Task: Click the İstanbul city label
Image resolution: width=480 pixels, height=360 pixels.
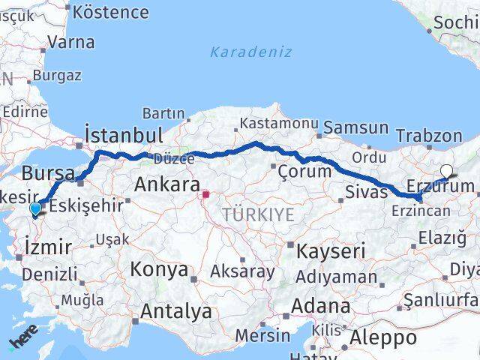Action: click(x=124, y=135)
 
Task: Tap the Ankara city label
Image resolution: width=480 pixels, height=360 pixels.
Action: click(x=166, y=184)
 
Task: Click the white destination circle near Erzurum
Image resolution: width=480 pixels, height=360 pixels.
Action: click(x=447, y=170)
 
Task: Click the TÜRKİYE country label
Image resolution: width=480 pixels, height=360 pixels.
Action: click(x=258, y=215)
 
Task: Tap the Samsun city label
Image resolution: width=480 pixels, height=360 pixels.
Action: click(x=355, y=128)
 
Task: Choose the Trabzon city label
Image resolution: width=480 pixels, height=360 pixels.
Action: click(x=429, y=136)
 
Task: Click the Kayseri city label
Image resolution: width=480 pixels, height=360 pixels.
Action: click(x=330, y=250)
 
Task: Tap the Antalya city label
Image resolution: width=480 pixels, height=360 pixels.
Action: click(x=176, y=311)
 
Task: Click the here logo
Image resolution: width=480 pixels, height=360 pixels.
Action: click(x=23, y=343)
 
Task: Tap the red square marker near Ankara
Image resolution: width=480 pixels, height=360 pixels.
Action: click(x=205, y=195)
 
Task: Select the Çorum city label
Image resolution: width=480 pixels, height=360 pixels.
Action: click(x=304, y=171)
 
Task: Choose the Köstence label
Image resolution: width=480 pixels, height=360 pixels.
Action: click(x=111, y=12)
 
